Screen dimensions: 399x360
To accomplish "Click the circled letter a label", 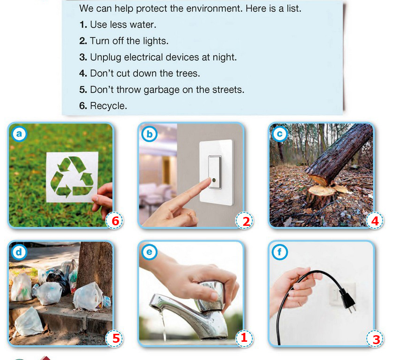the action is (19, 134).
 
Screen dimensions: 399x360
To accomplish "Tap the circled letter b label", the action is (149, 134).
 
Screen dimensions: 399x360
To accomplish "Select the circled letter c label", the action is (280, 134).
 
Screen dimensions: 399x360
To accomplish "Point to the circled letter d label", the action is (19, 252).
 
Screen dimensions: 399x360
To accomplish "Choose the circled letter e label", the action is (149, 252).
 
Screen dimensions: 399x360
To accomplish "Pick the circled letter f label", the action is (280, 252).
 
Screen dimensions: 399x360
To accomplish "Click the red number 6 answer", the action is (116, 221).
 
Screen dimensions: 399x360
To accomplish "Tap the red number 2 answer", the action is (246, 221).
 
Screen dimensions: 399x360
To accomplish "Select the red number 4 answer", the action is (375, 221).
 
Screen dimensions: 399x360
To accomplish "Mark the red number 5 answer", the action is (116, 338).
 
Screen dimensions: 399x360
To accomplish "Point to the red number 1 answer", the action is (244, 338).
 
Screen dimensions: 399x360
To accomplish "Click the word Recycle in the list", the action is (108, 106).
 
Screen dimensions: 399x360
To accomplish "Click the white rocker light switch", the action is (215, 172).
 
